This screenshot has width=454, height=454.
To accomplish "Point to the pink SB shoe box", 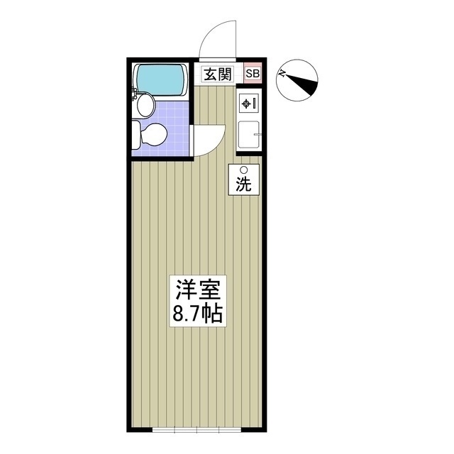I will (253, 74).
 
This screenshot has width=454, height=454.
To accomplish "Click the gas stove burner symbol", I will (247, 104).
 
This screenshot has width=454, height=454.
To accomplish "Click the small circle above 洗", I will (243, 170).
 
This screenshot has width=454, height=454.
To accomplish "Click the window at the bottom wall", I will (186, 430).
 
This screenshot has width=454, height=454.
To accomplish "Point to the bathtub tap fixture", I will (135, 93).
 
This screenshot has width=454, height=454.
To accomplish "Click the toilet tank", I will (136, 133).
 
